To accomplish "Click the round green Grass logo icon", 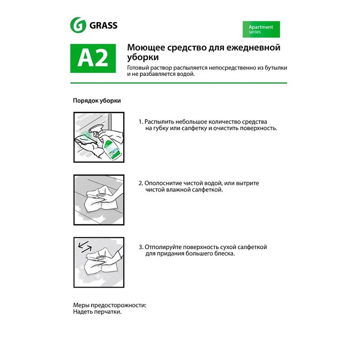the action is click(78, 25).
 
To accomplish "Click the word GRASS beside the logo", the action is click(103, 25).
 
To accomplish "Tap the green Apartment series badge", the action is click(261, 29).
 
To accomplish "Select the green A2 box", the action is click(93, 58).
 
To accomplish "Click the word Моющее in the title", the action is click(146, 48).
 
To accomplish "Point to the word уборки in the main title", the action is click(143, 58).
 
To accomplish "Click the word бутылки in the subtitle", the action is click(276, 68).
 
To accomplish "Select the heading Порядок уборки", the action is click(97, 101).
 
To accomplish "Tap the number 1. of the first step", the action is click(141, 122).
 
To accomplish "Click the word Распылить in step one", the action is click(159, 122).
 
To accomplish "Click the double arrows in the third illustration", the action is click(85, 247).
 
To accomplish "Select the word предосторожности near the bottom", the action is click(119, 305).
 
